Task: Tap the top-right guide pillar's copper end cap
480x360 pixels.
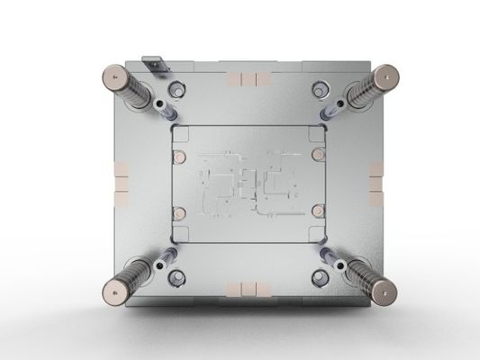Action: point(389,74)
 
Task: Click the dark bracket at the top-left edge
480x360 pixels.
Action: point(154,65)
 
